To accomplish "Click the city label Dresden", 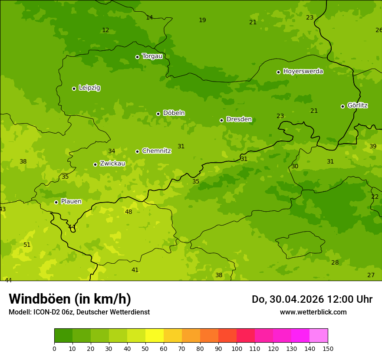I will [239, 119].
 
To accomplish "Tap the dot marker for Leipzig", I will [74, 88].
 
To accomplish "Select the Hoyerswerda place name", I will [303, 71].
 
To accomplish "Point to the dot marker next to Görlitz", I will [342, 106].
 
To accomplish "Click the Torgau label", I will [152, 56].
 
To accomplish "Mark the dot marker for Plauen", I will [56, 202].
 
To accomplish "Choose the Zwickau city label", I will [112, 164].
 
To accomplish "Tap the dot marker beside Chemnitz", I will [137, 151].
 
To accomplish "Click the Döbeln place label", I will [174, 113].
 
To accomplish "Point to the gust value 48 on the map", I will [128, 212].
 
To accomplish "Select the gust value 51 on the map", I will [27, 245].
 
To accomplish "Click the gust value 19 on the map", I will [202, 20].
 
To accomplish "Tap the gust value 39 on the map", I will [373, 146].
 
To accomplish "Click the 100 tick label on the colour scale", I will [237, 348].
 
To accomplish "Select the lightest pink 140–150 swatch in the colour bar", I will [319, 336].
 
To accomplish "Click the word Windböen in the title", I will [40, 299].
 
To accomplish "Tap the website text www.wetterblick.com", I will [313, 312].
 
